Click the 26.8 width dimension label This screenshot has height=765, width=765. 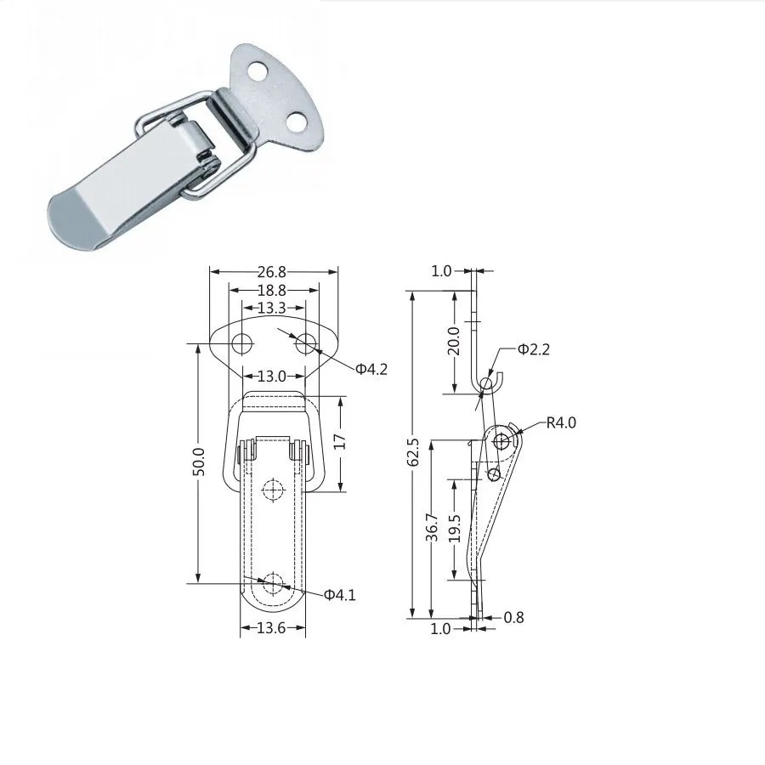pyautogui.click(x=272, y=272)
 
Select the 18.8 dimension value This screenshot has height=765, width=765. pyautogui.click(x=272, y=291)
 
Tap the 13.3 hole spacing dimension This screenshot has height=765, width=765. pyautogui.click(x=272, y=308)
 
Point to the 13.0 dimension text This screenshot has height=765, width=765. pyautogui.click(x=272, y=377)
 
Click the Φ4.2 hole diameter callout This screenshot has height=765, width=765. pyautogui.click(x=371, y=370)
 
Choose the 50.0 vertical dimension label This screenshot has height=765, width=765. pyautogui.click(x=199, y=461)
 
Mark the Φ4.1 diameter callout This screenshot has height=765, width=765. pyautogui.click(x=340, y=595)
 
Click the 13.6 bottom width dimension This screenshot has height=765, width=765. pyautogui.click(x=271, y=628)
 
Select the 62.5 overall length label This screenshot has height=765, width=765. pyautogui.click(x=413, y=452)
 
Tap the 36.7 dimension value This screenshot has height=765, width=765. pyautogui.click(x=432, y=527)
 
